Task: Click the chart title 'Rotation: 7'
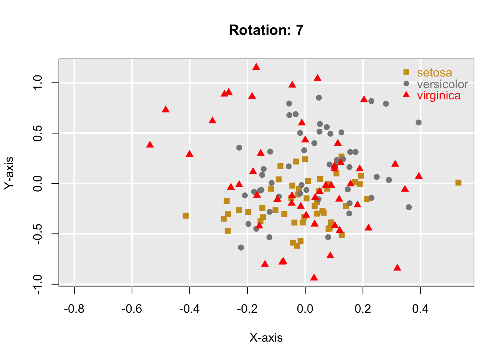266,30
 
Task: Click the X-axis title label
266,338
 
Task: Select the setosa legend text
434,73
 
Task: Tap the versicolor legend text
442,84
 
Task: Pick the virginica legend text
439,96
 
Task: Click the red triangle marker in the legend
406,94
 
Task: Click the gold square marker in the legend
406,72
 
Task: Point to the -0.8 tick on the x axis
74,309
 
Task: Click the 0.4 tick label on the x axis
420,309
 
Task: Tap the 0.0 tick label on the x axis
305,309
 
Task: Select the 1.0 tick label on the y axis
37,83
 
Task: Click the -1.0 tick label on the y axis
37,284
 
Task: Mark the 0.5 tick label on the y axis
37,133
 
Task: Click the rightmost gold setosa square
458,183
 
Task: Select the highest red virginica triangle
256,67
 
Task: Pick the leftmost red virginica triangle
150,145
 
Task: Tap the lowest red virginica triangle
314,277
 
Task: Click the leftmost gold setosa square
186,216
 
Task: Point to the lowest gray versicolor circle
241,247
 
